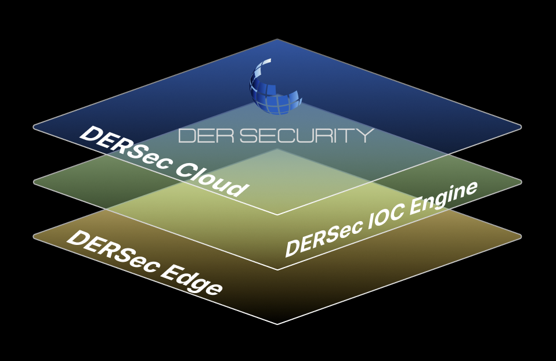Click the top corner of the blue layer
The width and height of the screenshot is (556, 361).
277,39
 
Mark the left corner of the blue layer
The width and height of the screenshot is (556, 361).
34,127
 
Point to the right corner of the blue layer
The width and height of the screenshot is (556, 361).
521,127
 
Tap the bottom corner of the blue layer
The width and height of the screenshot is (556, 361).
277,214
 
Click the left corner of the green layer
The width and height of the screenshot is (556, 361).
34,182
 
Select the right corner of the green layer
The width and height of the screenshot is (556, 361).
521,182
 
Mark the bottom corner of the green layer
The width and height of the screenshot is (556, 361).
277,269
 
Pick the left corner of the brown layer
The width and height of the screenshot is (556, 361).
34,236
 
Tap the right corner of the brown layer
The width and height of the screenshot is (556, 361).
521,236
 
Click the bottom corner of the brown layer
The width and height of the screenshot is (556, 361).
277,323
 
